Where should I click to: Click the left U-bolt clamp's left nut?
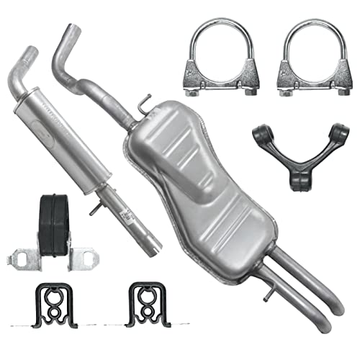[x=193, y=91]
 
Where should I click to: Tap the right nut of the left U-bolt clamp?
[x=250, y=91]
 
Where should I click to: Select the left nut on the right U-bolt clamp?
[x=284, y=91]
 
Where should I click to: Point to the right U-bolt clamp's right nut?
[x=341, y=91]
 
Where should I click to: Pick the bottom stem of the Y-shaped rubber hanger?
[x=297, y=180]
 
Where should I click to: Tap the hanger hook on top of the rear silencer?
[x=145, y=101]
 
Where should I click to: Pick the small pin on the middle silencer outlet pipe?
[x=93, y=210]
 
